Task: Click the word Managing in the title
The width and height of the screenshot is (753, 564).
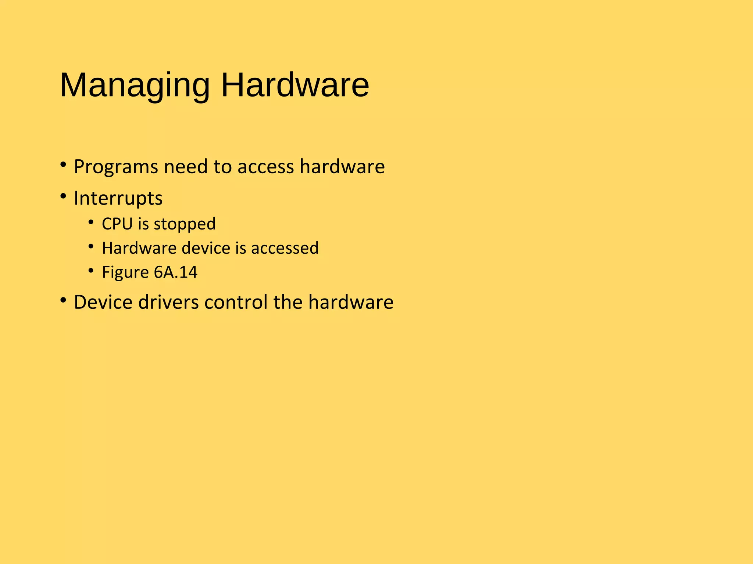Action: pos(135,86)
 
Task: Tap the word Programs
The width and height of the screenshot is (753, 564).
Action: pos(116,167)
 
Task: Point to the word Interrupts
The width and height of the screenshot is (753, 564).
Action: pos(118,199)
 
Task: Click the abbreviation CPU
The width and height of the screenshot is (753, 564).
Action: pos(117,224)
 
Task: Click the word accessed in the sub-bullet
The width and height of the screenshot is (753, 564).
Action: pos(285,248)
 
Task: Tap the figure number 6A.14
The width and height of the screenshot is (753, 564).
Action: pos(175,272)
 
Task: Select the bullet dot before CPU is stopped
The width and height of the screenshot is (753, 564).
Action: pos(91,222)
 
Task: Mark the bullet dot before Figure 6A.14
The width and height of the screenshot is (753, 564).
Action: pos(91,271)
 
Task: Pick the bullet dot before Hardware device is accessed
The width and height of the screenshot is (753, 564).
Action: pos(91,246)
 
